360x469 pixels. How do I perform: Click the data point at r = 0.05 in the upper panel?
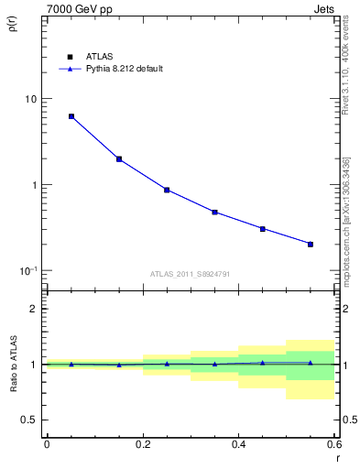pos(71,116)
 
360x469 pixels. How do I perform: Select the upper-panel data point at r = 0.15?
pos(119,158)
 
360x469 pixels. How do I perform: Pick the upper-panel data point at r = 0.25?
pos(167,190)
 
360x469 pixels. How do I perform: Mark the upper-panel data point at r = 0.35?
pos(214,212)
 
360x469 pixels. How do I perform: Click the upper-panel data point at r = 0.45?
pos(263,228)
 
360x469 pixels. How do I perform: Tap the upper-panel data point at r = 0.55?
pos(311,244)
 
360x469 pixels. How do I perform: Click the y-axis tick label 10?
pos(30,99)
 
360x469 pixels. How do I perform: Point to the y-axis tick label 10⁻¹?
pos(27,271)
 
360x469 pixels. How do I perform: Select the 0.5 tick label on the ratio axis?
pos(29,420)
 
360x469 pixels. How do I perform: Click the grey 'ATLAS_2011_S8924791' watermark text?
pos(190,274)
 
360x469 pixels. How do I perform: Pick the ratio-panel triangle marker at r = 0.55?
pos(311,363)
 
